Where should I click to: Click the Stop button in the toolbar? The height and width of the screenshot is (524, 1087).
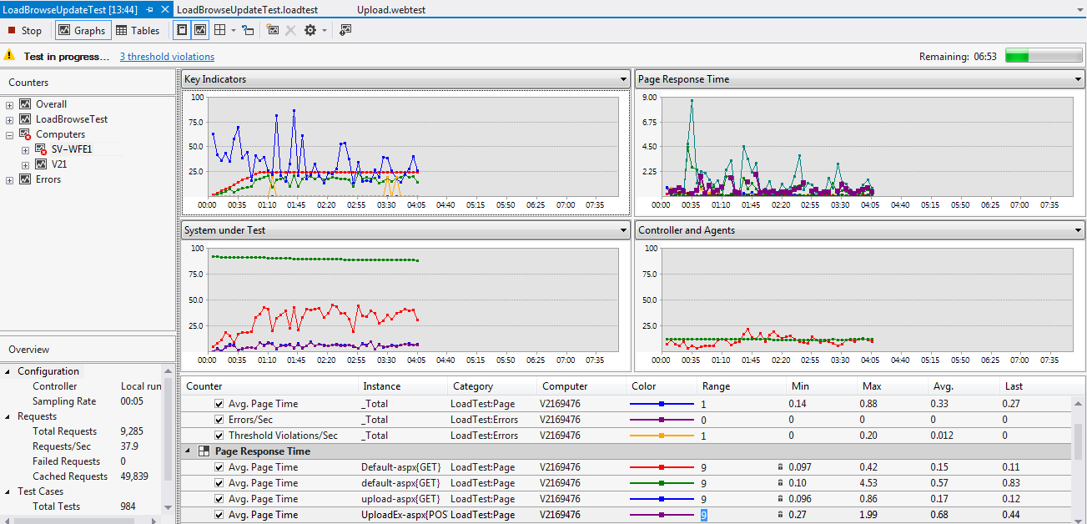[25, 31]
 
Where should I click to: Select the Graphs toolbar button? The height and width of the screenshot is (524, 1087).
[82, 31]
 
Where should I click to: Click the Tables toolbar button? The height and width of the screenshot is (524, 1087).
[138, 31]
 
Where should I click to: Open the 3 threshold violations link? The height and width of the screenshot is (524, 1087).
[167, 57]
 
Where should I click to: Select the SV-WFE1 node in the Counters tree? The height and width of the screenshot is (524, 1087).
[72, 149]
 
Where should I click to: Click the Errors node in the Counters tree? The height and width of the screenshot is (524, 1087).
[48, 179]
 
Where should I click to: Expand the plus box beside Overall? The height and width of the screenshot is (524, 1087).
[10, 104]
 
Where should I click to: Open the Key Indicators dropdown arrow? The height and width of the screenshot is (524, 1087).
[623, 79]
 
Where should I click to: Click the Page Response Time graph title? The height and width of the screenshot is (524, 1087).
[683, 79]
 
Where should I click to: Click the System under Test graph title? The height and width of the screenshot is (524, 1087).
[224, 230]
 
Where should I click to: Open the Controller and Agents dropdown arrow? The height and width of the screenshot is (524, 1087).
[1077, 230]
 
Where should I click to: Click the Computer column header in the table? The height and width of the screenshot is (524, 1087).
[565, 386]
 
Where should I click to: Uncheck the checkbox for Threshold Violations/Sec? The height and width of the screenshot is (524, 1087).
[219, 436]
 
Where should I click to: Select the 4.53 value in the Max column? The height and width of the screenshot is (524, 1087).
[872, 483]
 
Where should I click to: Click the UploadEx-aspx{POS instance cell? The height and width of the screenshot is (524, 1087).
[403, 515]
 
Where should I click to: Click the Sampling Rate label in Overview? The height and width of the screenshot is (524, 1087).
[64, 401]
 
